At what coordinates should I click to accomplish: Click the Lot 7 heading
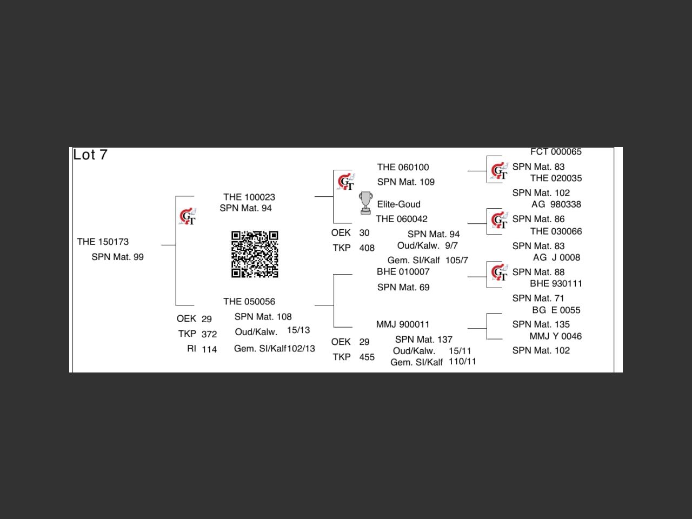coord(90,155)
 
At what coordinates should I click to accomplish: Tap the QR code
coord(255,254)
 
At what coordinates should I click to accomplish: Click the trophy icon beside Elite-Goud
coord(365,203)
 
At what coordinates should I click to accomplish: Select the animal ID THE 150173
coord(103,242)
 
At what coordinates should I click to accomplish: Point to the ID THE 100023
coord(249,197)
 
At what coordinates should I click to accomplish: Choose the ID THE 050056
coord(249,301)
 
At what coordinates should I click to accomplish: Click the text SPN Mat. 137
coord(423,340)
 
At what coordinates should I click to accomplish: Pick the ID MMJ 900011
coord(403,324)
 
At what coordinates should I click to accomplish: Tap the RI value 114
coord(209,349)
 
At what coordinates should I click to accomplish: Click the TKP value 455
coord(367,357)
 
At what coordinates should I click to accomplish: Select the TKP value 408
coord(367,248)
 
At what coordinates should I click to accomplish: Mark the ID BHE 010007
coord(403,271)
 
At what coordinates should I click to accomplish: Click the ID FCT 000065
coord(556,152)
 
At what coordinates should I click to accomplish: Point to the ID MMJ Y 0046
coord(555,336)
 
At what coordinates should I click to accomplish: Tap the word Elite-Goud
coord(398,204)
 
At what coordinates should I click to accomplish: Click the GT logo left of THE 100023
coord(188,217)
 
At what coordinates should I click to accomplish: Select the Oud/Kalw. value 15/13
coord(298,330)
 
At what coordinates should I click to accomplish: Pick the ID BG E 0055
coord(556,310)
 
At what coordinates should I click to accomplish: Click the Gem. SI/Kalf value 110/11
coord(462,361)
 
